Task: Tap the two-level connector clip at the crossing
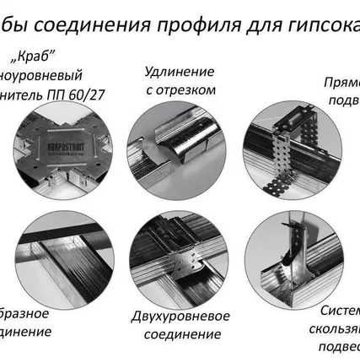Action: tap(180, 255)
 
